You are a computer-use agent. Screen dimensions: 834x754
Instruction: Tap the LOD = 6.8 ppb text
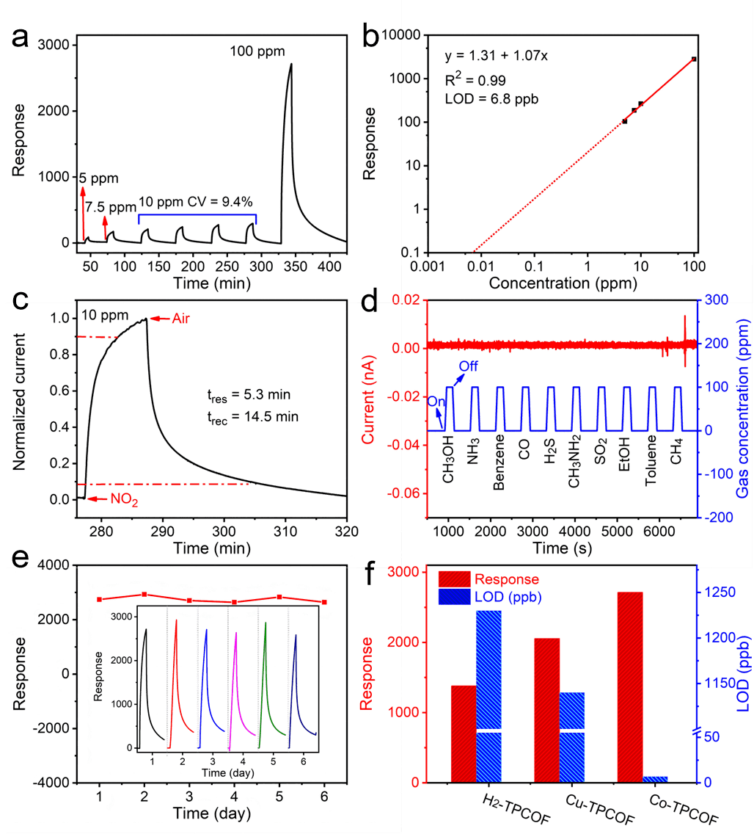(x=491, y=98)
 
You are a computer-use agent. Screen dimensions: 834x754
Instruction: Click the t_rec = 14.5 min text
(x=253, y=417)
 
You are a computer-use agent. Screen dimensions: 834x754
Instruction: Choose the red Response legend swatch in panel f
(x=455, y=579)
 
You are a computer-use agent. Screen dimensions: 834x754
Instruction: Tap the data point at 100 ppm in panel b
(x=693, y=59)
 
